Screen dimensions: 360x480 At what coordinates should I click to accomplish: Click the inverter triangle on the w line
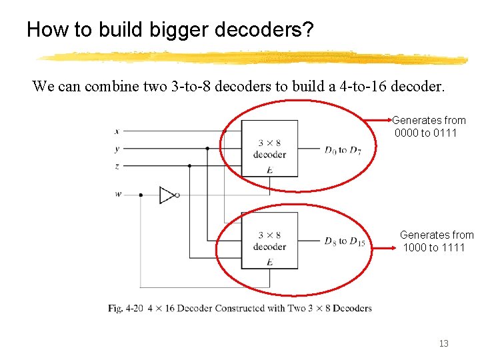[x=167, y=195]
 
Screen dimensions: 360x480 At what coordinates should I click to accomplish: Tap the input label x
[x=117, y=131]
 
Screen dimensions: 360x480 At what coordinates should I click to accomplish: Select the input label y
[x=117, y=148]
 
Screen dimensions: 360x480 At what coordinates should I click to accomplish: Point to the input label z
[x=117, y=165]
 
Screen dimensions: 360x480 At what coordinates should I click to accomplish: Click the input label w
[x=118, y=195]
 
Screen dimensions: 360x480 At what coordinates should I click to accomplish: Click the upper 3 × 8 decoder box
[x=269, y=148]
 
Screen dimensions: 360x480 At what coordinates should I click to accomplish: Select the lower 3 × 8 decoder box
[x=269, y=241]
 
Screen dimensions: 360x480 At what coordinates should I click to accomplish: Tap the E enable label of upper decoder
[x=269, y=170]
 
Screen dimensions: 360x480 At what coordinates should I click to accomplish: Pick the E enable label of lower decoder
[x=269, y=262]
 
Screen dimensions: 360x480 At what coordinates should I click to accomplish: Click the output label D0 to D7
[x=344, y=149]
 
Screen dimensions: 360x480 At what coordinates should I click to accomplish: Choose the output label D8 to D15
[x=345, y=241]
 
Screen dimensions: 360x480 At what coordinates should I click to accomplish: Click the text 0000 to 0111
[x=426, y=133]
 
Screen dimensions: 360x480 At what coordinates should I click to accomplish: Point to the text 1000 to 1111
[x=434, y=248]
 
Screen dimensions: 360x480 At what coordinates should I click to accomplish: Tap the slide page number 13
[x=443, y=343]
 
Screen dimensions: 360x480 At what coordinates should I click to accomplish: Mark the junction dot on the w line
[x=141, y=195]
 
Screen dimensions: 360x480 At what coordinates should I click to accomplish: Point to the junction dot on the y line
[x=207, y=148]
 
